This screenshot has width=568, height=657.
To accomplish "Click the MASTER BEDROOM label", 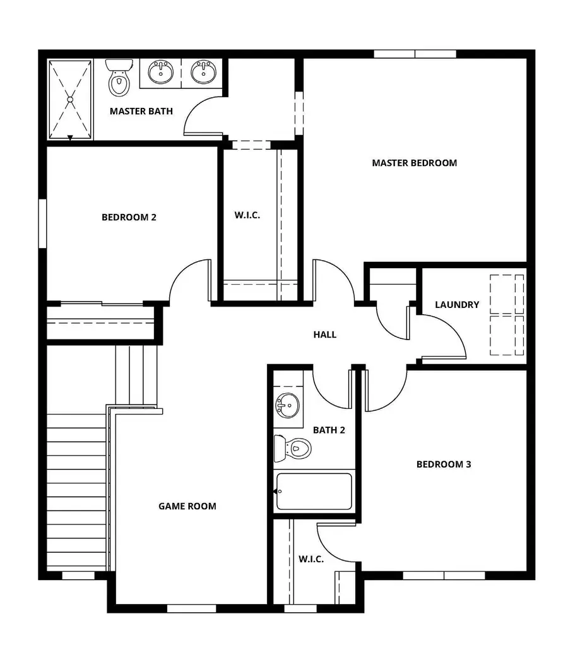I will tap(414, 163).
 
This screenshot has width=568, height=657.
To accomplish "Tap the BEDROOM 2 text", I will tap(129, 217).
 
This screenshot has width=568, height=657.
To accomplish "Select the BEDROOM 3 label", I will tap(444, 465).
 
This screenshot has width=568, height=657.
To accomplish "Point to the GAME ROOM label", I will tap(187, 506).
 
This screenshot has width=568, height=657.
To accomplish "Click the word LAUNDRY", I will tap(457, 305).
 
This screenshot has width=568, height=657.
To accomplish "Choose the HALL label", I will tap(325, 334).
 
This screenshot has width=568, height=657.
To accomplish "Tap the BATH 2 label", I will tap(329, 430).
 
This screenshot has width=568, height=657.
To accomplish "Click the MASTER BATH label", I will tap(141, 112).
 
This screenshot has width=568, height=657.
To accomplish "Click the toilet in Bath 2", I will tap(293, 448).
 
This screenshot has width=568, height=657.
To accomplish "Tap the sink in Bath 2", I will tap(288, 404).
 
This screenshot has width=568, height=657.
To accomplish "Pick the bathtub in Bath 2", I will tap(314, 491).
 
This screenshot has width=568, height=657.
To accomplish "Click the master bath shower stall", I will tap(70, 100).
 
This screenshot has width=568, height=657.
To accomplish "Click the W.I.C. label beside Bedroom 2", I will tap(247, 215).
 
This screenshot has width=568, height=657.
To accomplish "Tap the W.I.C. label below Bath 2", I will tap(311, 559).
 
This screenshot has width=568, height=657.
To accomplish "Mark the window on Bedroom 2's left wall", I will tap(42, 223).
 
